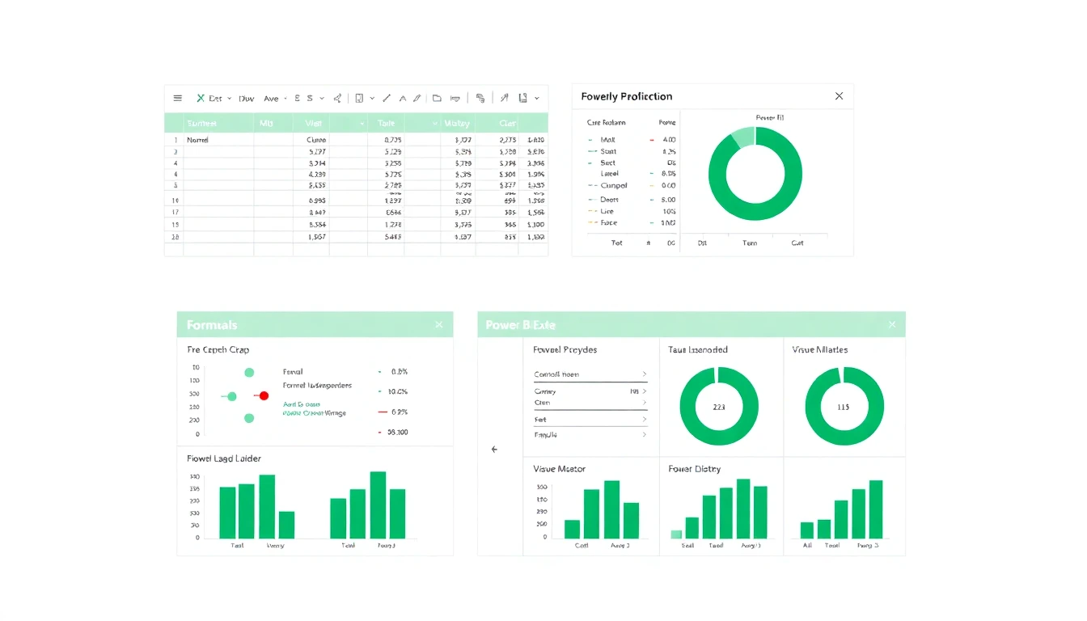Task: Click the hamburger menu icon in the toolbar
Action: [178, 99]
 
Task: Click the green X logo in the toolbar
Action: [200, 99]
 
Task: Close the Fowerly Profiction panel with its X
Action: [839, 96]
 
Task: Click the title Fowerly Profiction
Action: [626, 96]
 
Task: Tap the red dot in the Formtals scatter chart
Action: [264, 395]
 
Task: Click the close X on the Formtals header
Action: [438, 324]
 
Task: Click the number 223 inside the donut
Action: [719, 407]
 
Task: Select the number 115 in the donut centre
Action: [844, 407]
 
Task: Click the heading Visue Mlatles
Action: [820, 350]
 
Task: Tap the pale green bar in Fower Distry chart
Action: [676, 534]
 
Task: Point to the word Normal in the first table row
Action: [197, 140]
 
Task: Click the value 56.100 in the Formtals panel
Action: [397, 433]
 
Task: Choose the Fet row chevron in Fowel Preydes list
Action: [644, 420]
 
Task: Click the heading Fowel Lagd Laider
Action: [224, 458]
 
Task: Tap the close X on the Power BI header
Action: [892, 324]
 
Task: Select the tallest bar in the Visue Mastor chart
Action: [611, 509]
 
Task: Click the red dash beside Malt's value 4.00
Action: [652, 140]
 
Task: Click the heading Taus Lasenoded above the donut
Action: [698, 350]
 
